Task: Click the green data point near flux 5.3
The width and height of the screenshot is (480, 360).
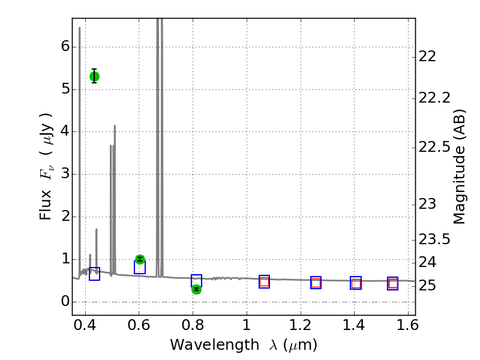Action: tap(94, 76)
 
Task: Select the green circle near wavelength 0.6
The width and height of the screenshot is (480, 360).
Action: tap(140, 259)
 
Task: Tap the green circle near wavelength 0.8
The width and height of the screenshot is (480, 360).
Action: tap(196, 289)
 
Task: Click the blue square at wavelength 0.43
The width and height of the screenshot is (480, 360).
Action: tap(94, 274)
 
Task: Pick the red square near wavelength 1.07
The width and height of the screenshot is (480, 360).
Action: tap(264, 281)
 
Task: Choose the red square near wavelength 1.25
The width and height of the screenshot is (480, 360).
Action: tap(316, 283)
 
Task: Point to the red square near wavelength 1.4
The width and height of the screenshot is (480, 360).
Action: tap(356, 283)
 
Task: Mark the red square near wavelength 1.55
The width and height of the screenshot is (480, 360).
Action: tap(392, 283)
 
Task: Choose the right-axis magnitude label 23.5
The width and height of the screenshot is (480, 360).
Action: tap(434, 240)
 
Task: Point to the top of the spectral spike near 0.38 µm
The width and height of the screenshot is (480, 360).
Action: tap(79, 28)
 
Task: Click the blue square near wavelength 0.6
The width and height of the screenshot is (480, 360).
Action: tap(140, 268)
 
